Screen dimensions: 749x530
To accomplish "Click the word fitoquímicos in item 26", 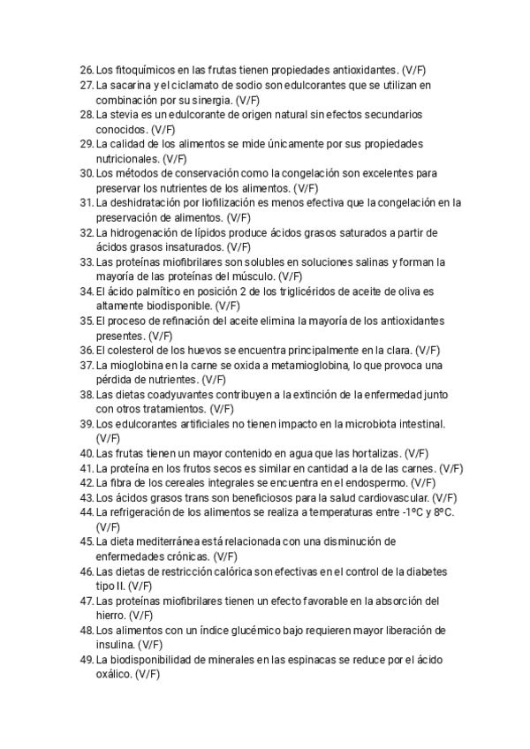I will (143, 69).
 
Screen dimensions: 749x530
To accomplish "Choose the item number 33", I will (86, 262).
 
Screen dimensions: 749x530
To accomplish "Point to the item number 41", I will (86, 469).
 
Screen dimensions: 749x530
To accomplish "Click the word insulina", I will (117, 646).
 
